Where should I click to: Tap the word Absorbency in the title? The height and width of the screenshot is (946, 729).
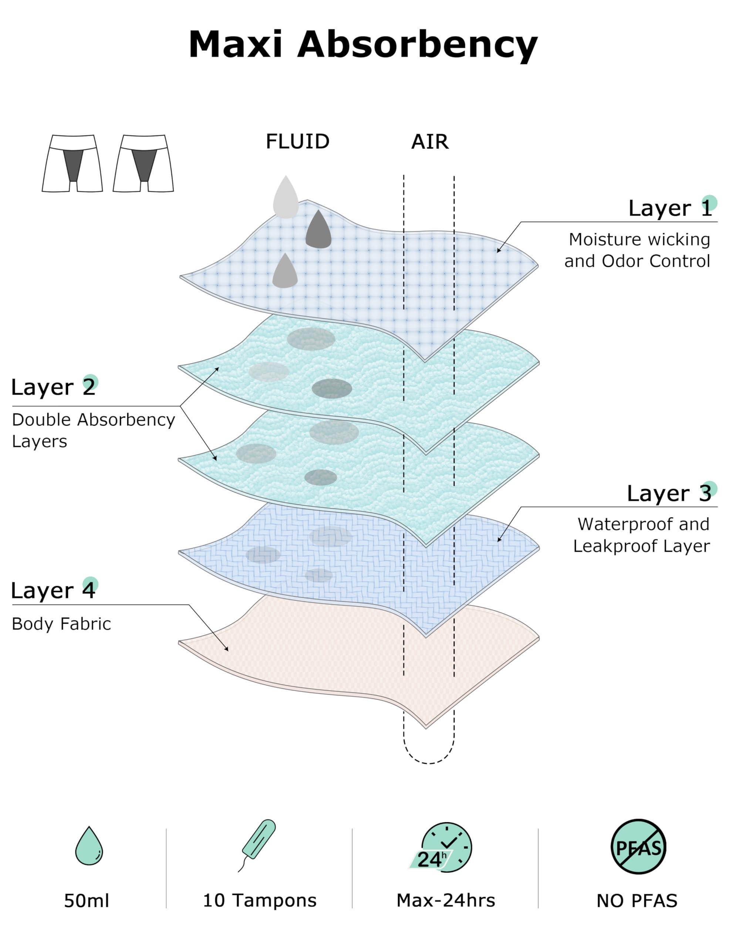tap(417, 45)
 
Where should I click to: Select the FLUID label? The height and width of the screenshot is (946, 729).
tap(297, 142)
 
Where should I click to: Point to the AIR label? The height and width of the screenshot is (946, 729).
tap(429, 142)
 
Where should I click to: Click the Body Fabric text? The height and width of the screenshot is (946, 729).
tap(61, 624)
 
